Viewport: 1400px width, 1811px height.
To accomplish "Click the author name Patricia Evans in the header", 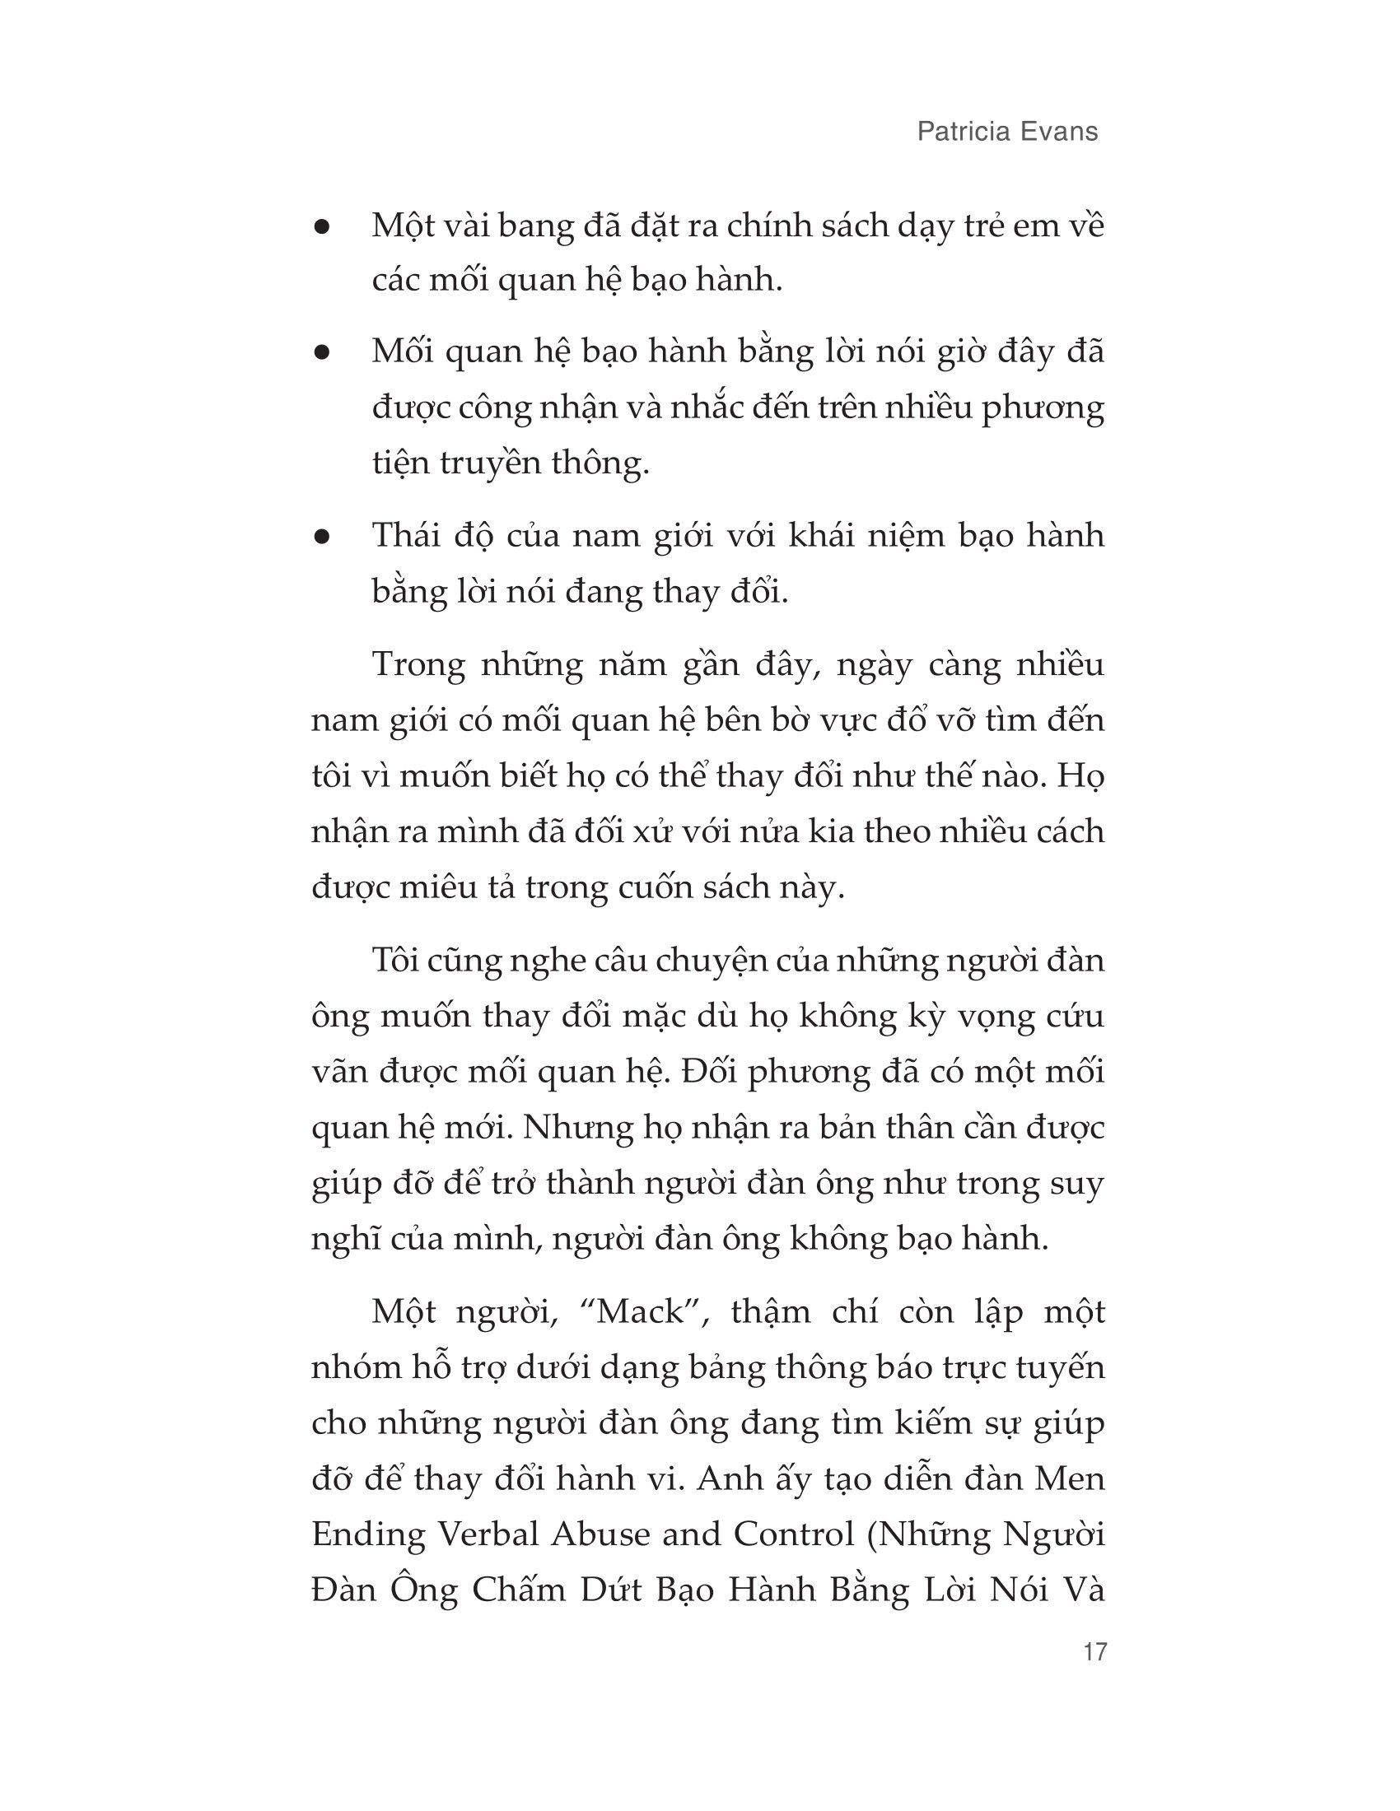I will [x=1007, y=132].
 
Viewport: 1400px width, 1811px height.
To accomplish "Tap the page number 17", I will [x=1094, y=1669].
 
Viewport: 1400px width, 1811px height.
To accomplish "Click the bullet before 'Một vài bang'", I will [x=322, y=227].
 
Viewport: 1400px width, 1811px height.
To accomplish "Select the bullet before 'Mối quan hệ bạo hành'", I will [x=322, y=353].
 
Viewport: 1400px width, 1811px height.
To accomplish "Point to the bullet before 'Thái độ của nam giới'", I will [x=322, y=538].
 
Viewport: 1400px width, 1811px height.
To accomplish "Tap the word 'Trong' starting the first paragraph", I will [x=418, y=665].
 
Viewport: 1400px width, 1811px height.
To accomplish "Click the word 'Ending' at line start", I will [x=367, y=1536].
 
